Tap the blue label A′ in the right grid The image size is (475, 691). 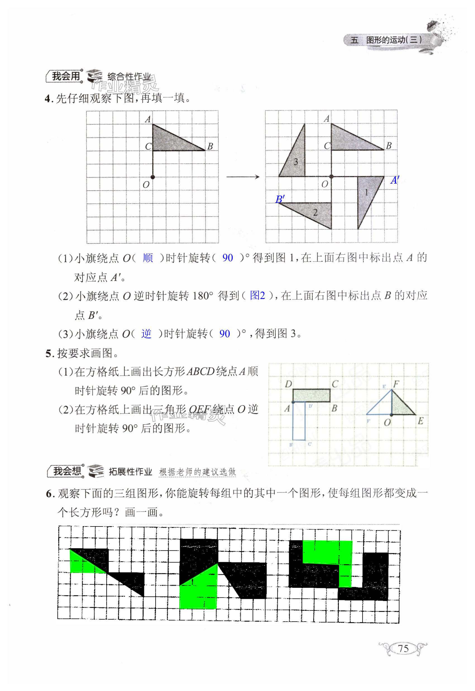click(395, 180)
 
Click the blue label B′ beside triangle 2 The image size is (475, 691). click(280, 199)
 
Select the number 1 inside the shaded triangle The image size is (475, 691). click(366, 192)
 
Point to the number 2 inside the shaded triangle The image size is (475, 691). click(315, 212)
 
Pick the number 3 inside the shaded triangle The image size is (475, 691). click(295, 162)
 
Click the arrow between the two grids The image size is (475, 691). click(243, 177)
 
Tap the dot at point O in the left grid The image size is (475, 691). click(153, 177)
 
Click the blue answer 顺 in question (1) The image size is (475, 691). click(148, 258)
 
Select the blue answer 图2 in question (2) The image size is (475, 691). click(257, 295)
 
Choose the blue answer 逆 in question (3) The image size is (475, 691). click(146, 334)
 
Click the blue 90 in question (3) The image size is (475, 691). click(225, 334)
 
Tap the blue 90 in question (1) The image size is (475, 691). click(227, 258)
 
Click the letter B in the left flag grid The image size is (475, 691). click(210, 146)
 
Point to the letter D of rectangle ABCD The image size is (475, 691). click(288, 384)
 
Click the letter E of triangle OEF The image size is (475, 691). click(420, 421)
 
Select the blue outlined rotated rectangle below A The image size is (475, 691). click(299, 421)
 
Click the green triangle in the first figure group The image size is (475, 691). click(80, 565)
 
